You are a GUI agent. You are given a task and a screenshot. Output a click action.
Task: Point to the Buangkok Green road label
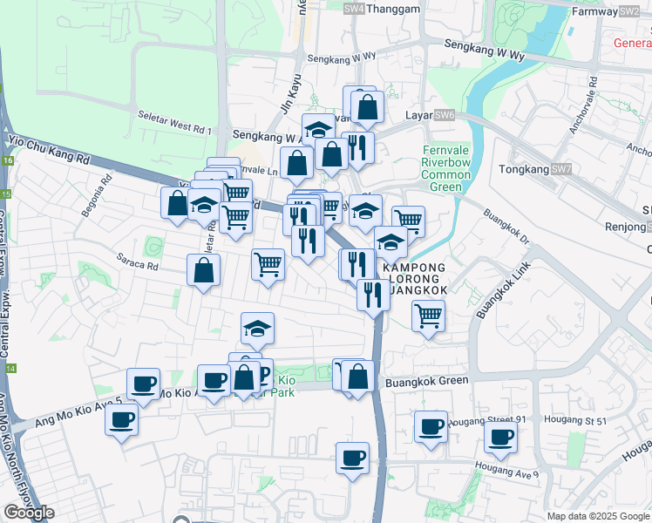click(427, 381)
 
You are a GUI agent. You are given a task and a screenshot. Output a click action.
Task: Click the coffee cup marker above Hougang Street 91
click(431, 426)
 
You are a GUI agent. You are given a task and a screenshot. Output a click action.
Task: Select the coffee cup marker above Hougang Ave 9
click(352, 458)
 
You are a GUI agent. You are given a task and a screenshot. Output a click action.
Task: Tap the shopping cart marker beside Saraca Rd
click(268, 263)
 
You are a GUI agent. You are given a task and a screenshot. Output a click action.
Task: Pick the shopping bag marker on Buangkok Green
click(357, 377)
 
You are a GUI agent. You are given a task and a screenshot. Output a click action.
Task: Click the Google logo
click(29, 513)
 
